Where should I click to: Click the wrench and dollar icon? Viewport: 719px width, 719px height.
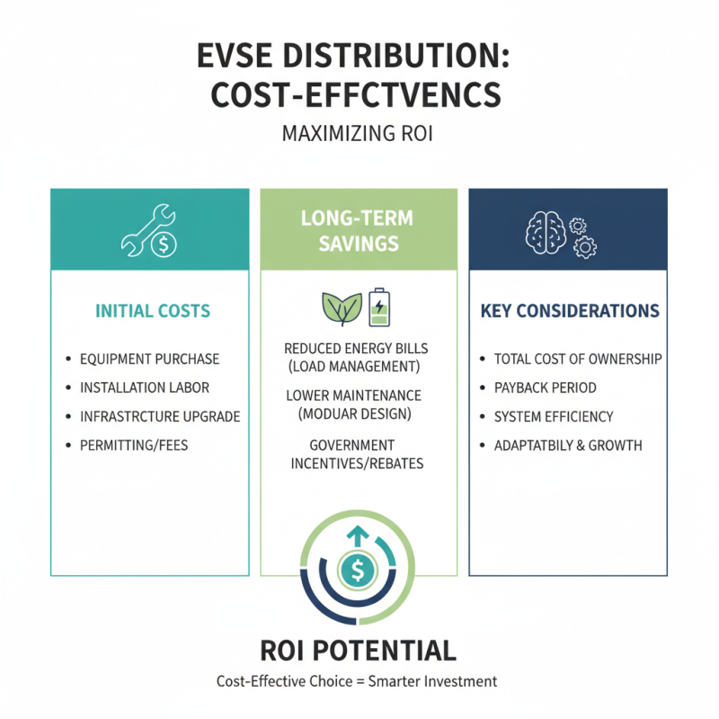click(150, 234)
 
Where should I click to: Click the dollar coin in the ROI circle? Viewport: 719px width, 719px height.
click(359, 569)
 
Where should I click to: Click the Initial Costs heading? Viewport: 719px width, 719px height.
click(153, 312)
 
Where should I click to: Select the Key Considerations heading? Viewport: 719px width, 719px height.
click(570, 312)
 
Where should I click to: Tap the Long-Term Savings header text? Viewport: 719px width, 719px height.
click(359, 231)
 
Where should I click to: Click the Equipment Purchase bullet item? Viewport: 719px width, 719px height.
click(149, 359)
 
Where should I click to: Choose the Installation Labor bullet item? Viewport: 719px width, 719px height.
click(145, 388)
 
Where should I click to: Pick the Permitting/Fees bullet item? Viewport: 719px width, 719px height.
click(134, 445)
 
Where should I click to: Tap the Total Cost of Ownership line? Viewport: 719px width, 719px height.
click(578, 359)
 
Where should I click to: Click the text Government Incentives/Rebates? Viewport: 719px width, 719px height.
click(358, 454)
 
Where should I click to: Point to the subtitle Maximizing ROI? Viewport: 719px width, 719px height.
click(359, 136)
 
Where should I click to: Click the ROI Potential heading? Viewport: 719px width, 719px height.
click(359, 650)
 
